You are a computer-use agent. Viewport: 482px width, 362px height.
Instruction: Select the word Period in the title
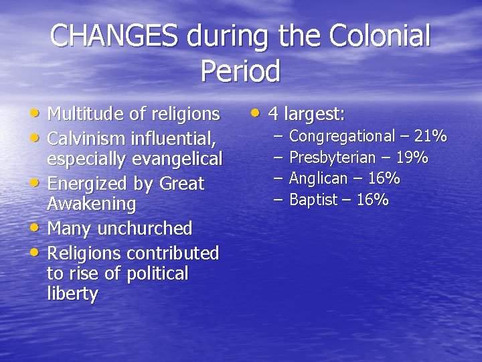point(240,71)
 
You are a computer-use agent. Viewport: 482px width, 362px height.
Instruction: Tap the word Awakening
point(91,203)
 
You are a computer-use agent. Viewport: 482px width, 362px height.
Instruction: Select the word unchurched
point(145,229)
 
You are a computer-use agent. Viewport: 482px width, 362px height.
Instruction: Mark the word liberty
point(72,294)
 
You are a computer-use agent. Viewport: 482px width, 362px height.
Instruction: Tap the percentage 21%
point(430,136)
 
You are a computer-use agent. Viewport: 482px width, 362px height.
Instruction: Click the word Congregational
point(342,137)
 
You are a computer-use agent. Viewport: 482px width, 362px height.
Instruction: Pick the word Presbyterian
point(332,158)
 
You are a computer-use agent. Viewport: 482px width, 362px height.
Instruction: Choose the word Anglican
point(318,178)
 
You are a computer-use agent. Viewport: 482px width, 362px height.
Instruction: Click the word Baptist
point(311,200)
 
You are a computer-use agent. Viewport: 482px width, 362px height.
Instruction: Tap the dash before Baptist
point(278,200)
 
